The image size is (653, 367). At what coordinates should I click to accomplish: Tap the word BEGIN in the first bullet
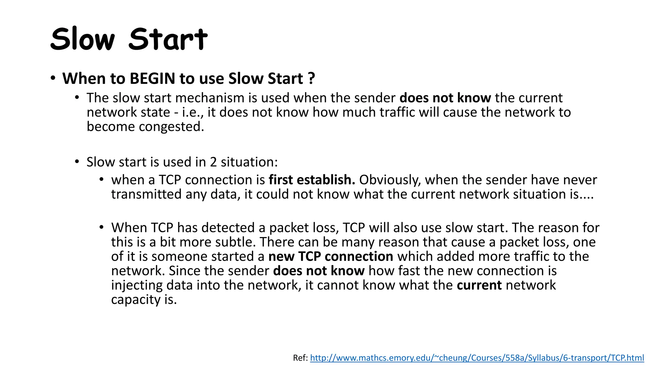click(152, 78)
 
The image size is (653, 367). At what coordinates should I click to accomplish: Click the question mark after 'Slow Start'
click(312, 78)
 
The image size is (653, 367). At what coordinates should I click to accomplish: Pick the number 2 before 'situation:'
click(213, 162)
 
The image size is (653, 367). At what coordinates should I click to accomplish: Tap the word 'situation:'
click(249, 162)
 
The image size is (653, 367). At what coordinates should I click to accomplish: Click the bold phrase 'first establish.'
click(312, 180)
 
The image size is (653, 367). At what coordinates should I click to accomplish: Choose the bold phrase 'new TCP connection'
click(331, 256)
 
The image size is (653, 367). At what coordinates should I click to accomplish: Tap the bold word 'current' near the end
click(479, 285)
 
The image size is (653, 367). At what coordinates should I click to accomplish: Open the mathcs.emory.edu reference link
click(477, 358)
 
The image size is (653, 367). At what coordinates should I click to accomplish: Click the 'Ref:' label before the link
click(300, 358)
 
